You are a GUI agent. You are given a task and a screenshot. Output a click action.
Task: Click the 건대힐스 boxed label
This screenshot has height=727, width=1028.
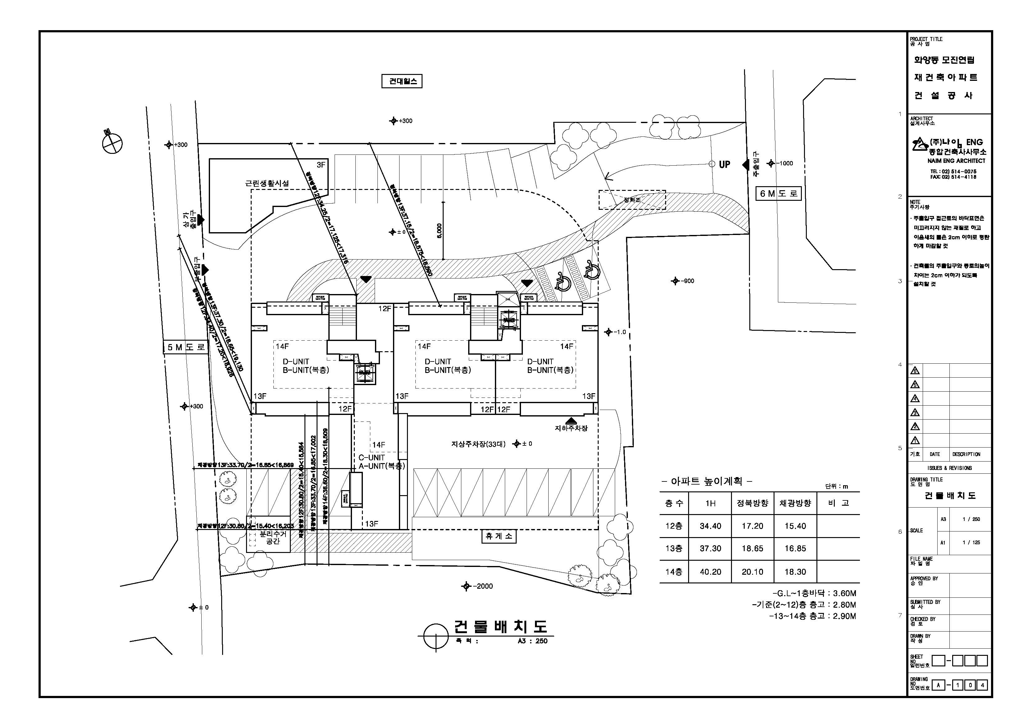[x=402, y=81]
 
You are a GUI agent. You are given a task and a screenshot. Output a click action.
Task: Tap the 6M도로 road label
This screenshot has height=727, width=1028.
[x=778, y=194]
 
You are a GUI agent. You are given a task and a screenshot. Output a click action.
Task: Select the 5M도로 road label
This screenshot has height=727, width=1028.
[x=186, y=347]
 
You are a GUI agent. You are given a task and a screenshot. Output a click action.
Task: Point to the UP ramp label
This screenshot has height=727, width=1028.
[x=724, y=164]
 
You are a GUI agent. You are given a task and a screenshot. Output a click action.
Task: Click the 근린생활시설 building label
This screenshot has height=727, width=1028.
[x=267, y=183]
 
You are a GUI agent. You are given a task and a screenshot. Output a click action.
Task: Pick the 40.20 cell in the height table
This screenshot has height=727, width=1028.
[x=710, y=572]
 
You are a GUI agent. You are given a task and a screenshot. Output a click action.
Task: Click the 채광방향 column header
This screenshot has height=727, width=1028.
[x=795, y=503]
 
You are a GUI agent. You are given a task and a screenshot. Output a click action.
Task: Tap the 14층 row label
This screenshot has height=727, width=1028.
[x=674, y=572]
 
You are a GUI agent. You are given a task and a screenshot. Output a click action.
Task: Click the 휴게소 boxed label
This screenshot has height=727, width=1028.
[x=499, y=536]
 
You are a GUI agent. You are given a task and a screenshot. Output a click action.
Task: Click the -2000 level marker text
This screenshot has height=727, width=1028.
[x=483, y=586]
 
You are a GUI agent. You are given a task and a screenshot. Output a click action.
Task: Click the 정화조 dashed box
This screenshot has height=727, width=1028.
[x=632, y=200]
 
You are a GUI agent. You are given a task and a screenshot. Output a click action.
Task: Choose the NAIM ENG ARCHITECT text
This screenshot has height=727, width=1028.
[x=956, y=161]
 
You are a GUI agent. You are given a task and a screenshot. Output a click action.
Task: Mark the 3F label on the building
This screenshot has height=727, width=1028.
[x=321, y=165]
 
